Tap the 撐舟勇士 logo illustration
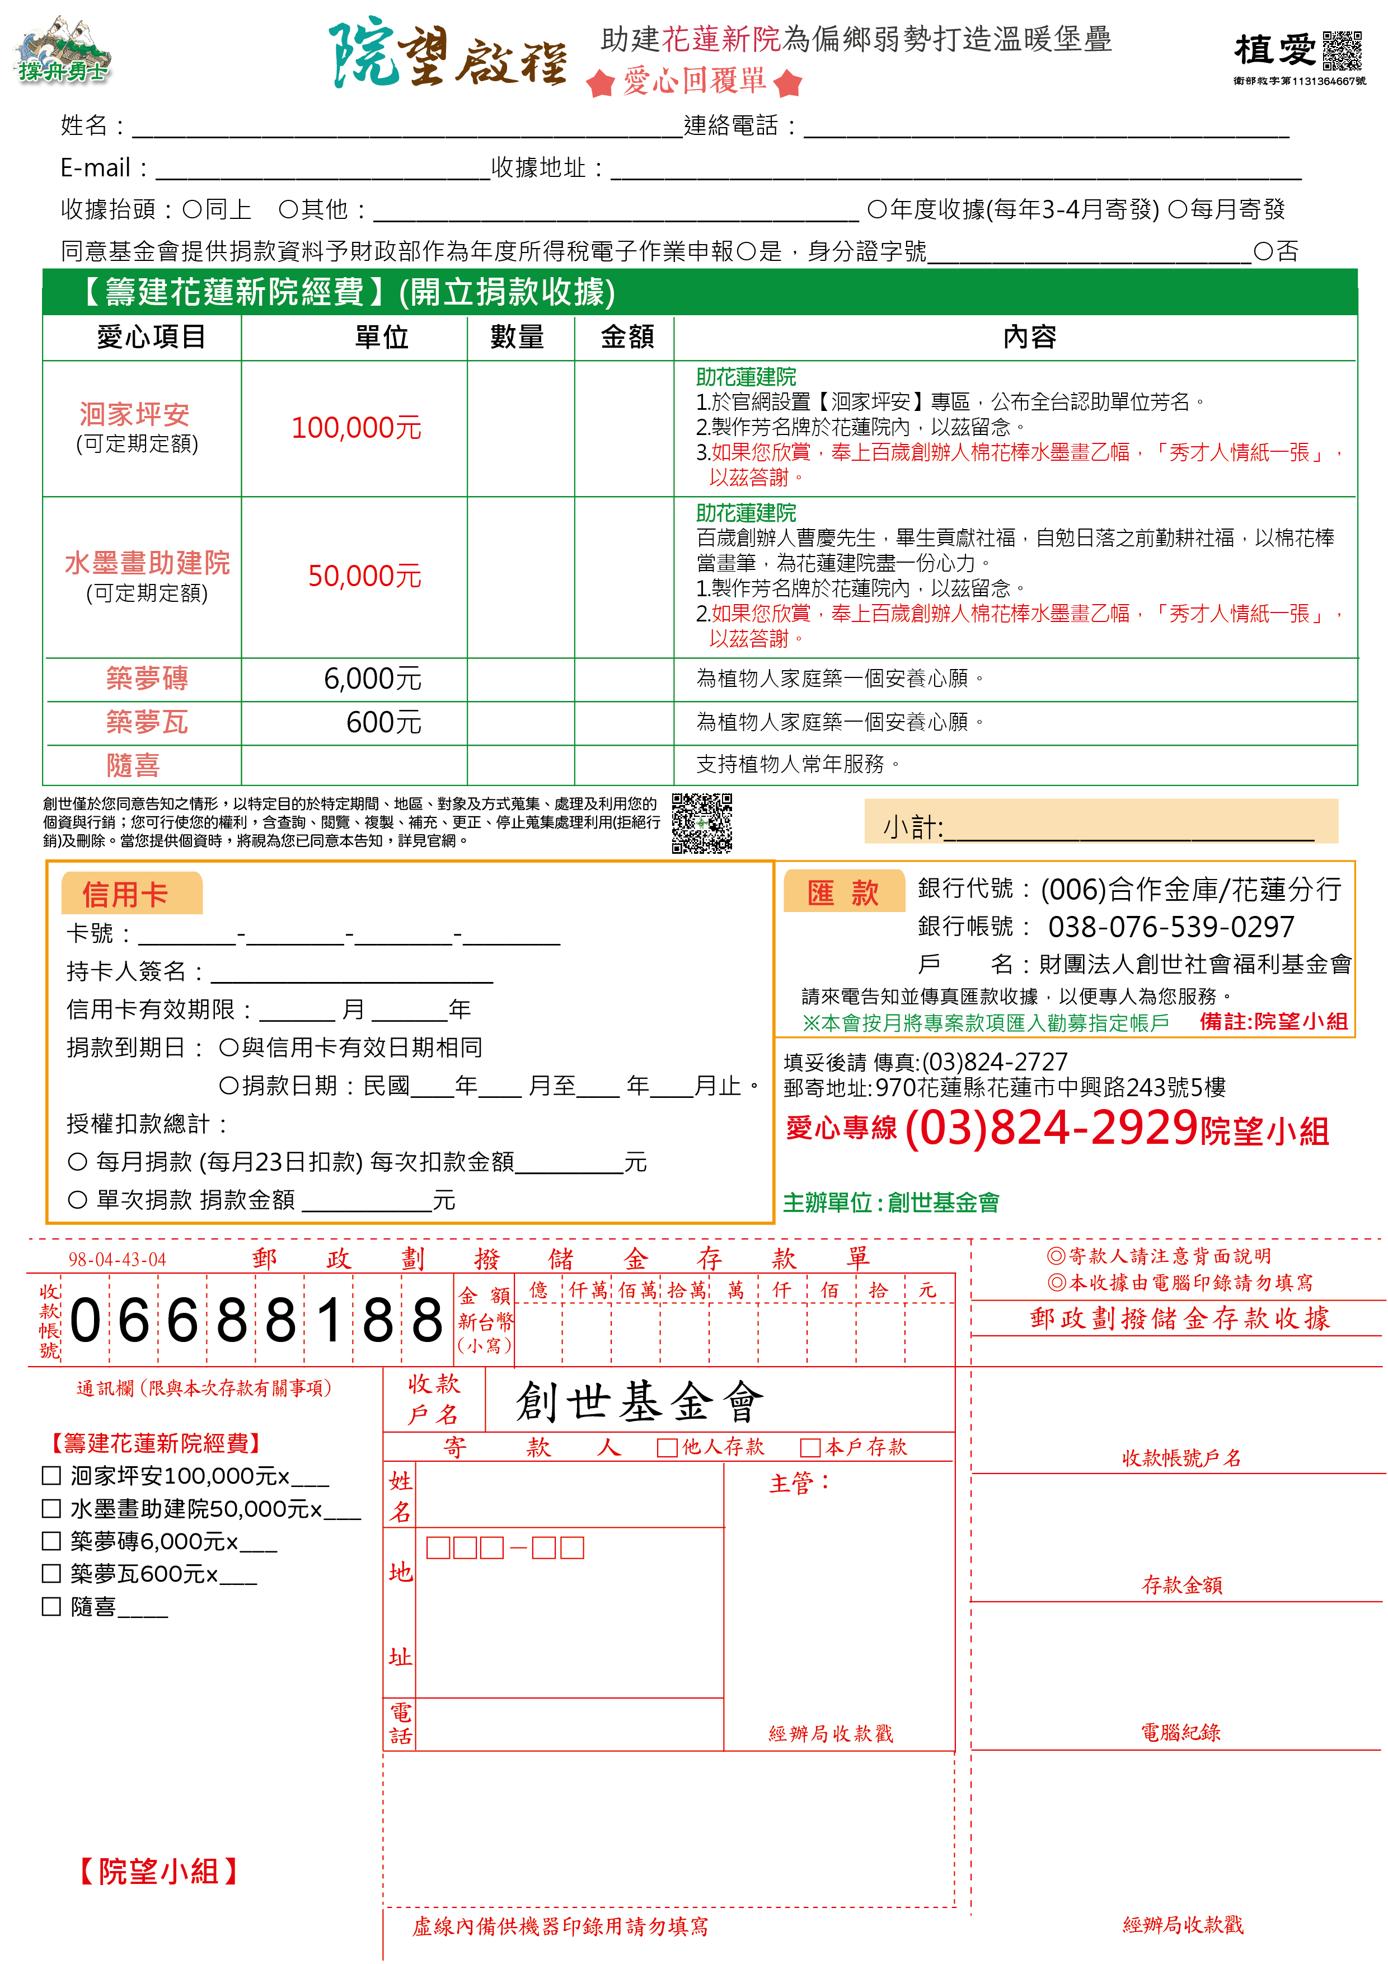62,50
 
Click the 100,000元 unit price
357,428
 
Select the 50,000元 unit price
364,577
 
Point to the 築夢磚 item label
147,679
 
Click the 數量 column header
517,337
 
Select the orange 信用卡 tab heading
126,895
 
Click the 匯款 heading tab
843,892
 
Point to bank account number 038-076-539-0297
1171,927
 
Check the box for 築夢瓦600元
51,1573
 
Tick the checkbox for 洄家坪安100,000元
51,1476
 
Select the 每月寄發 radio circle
1178,209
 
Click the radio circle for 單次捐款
78,1199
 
